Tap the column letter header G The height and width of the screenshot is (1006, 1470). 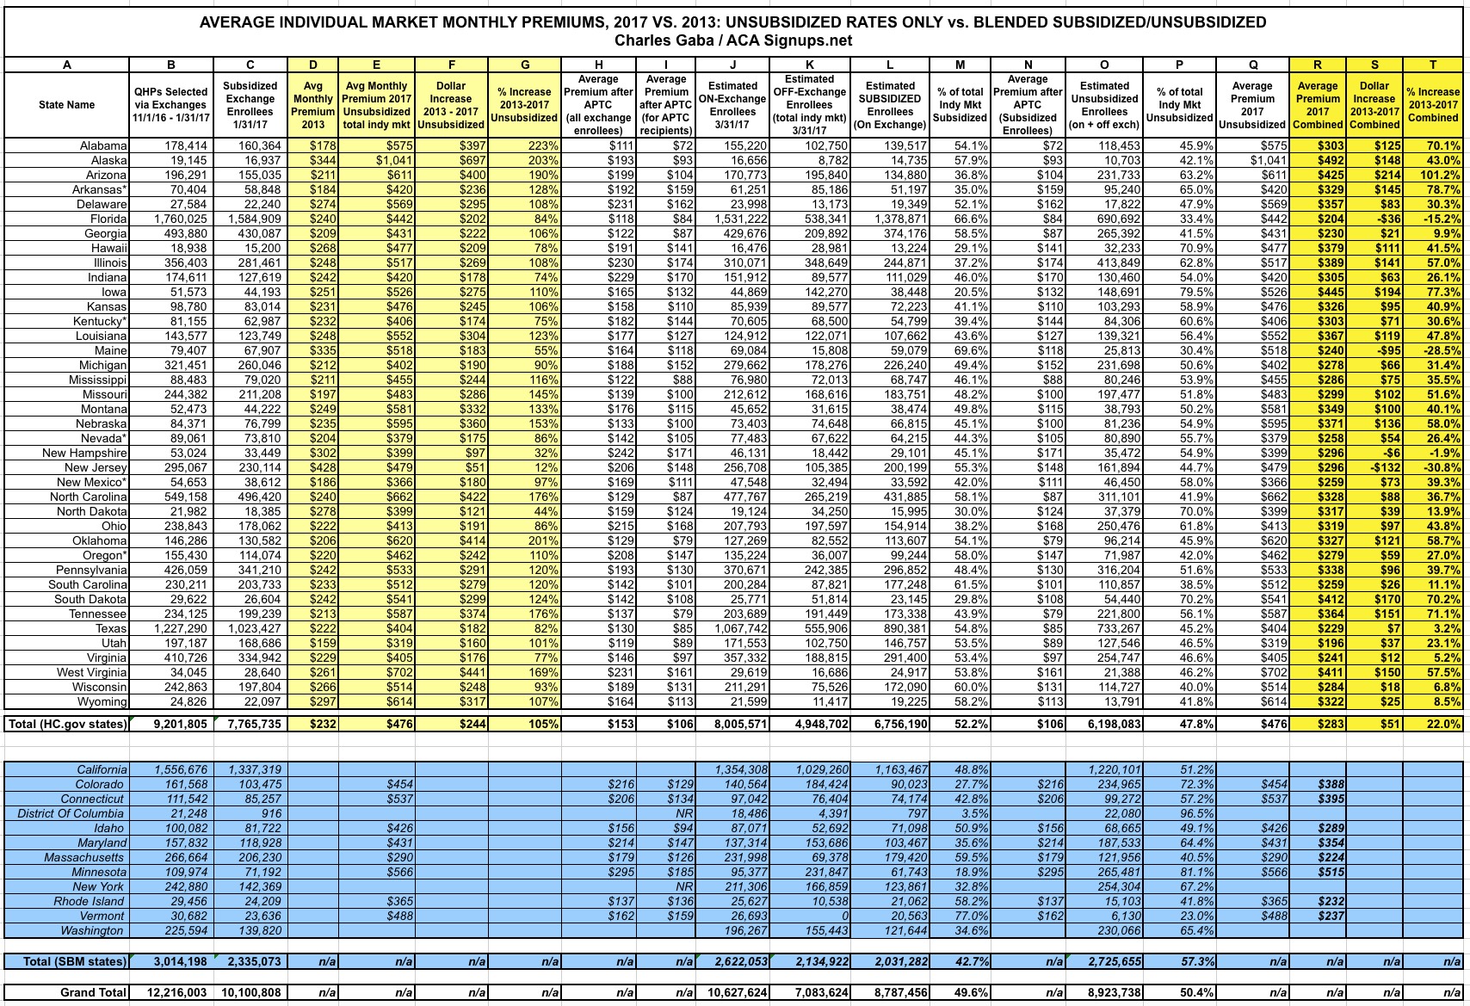tap(525, 65)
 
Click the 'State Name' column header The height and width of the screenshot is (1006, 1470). tap(66, 105)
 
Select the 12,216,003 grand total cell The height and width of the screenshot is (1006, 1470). tap(171, 992)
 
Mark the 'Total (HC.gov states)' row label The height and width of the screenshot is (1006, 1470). tap(67, 724)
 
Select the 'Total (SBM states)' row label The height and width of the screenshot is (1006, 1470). tap(68, 961)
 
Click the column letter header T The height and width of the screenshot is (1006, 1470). tap(1433, 65)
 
